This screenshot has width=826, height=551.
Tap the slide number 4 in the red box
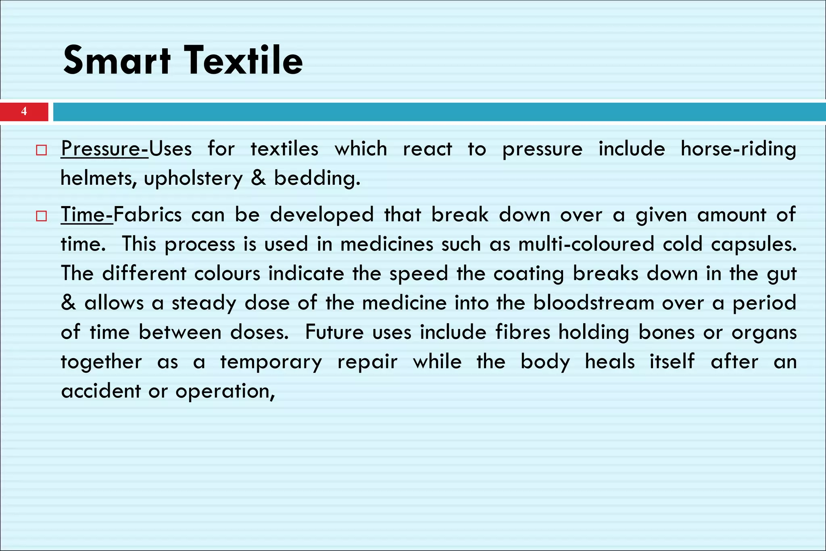[x=24, y=111]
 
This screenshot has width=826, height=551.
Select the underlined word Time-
[x=87, y=215]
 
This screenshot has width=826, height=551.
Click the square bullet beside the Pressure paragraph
[x=41, y=150]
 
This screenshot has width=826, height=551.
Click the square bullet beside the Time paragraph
[x=41, y=216]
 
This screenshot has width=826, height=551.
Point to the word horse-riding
[x=738, y=149]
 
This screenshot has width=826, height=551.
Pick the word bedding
[x=317, y=178]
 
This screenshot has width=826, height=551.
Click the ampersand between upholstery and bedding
[x=258, y=178]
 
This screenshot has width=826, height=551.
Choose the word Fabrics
[x=148, y=215]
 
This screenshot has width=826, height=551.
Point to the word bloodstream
[x=593, y=303]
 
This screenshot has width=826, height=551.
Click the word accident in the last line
[x=101, y=391]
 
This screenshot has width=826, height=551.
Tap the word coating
[x=528, y=274]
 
